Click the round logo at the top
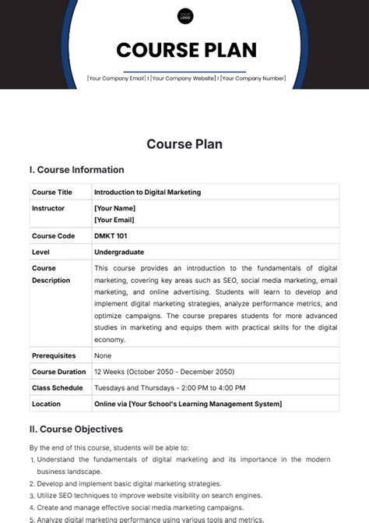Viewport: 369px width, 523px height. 185,16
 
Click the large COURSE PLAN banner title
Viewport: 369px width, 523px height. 186,51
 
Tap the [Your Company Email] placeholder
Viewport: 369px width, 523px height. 118,78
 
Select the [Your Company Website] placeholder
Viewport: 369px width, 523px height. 184,78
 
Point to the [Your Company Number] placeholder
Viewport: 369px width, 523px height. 253,78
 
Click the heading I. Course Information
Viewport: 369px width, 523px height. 76,170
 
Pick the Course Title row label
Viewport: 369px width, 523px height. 51,192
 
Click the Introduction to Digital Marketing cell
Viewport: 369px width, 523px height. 147,192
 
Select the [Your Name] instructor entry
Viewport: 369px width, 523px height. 114,208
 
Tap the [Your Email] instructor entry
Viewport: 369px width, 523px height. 114,220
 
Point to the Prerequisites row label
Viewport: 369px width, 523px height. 53,355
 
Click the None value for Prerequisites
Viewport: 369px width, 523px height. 103,355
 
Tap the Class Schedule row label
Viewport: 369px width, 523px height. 57,387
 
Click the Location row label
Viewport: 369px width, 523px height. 46,404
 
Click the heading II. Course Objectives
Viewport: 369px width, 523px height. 76,429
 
